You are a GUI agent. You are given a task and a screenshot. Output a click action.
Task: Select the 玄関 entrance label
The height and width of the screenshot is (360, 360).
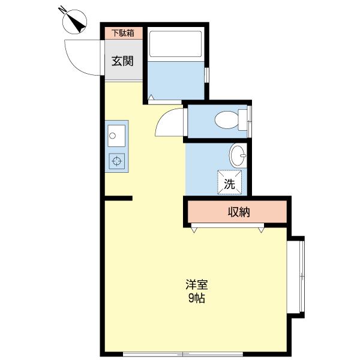tap(122, 61)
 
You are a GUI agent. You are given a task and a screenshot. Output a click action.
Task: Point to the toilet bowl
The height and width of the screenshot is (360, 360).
tap(226, 119)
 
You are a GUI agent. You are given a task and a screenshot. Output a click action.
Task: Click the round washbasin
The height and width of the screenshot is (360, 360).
tap(238, 157)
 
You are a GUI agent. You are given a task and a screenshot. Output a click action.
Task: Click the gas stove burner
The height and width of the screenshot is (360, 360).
tap(116, 160)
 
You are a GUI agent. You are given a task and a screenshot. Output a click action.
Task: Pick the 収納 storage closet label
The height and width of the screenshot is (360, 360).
tap(238, 212)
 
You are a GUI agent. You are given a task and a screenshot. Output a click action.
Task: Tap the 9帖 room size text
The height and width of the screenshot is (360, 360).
tap(196, 298)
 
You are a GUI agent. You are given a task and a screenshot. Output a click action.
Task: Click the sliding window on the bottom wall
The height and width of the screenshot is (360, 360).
tap(183, 353)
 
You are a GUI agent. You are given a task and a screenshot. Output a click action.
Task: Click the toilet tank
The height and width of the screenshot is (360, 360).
tap(243, 119)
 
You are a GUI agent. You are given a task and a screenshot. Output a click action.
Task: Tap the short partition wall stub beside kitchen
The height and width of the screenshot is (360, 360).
tap(118, 198)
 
